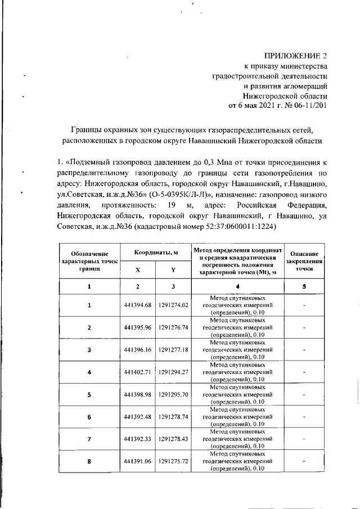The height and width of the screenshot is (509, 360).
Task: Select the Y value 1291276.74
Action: [x=173, y=327]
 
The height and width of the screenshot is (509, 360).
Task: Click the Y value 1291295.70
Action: [x=173, y=394]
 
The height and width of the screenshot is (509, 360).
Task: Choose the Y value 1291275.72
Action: [x=173, y=461]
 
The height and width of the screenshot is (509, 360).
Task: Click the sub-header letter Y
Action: [x=173, y=269]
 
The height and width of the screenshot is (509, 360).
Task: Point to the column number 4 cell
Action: [x=237, y=287]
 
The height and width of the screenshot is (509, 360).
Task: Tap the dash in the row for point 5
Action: [x=304, y=394]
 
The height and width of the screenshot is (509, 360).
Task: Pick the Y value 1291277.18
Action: [x=173, y=350]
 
